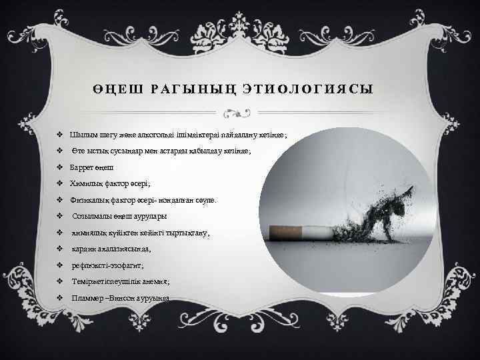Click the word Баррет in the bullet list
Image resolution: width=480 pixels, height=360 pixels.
[82, 168]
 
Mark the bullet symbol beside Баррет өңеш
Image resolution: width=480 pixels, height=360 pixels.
[60, 168]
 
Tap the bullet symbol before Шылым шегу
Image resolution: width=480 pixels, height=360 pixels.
[60, 136]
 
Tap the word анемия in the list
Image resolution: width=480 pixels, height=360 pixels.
[149, 281]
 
